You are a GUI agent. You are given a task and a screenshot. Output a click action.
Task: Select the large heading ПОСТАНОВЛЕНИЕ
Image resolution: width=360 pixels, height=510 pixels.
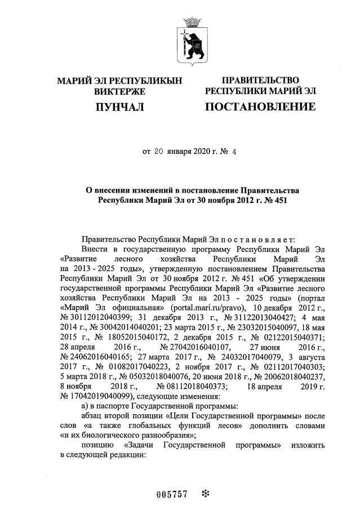pyautogui.click(x=260, y=107)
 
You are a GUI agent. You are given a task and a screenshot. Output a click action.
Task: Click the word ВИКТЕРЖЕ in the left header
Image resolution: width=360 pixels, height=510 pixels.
pyautogui.click(x=119, y=91)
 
